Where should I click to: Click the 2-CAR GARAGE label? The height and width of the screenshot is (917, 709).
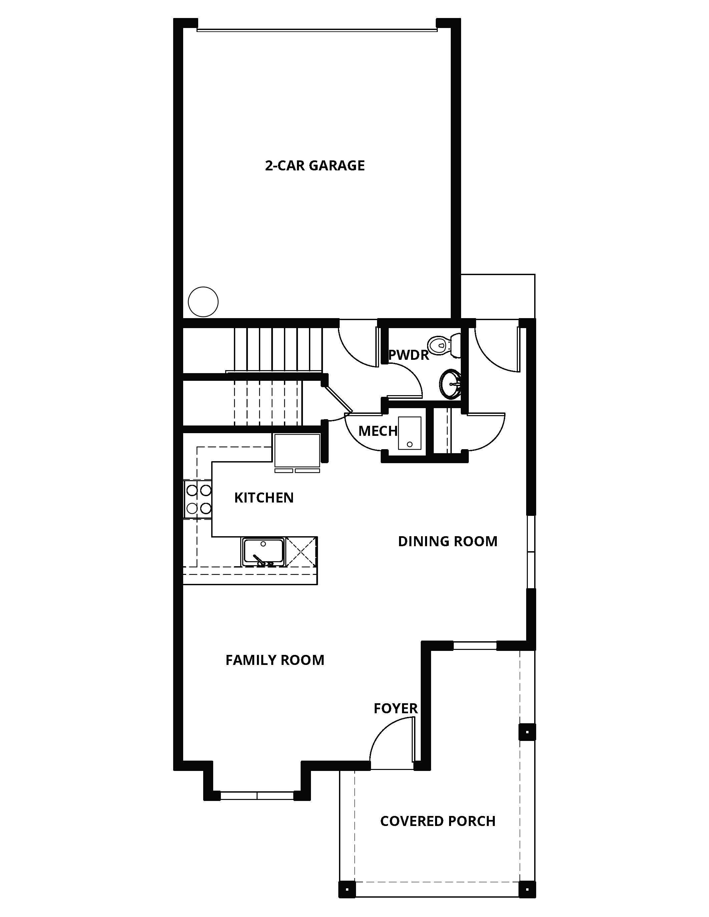click(315, 165)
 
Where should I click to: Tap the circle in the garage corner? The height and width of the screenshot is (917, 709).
click(203, 301)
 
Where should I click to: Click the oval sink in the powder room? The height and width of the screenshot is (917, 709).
click(450, 383)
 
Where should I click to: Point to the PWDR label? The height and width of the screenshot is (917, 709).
click(408, 355)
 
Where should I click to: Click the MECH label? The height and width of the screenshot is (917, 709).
click(378, 431)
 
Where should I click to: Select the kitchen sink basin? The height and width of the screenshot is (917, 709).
click(263, 551)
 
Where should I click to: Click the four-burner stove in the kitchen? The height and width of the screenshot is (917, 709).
click(198, 499)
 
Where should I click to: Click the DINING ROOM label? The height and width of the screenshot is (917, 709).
click(447, 541)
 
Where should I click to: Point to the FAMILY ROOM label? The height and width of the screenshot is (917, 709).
click(275, 660)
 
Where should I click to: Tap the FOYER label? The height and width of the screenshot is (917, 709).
click(396, 708)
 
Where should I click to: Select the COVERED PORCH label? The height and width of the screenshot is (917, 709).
click(438, 821)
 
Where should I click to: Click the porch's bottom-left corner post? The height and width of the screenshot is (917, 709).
click(347, 889)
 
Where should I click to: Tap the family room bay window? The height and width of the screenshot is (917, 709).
click(257, 795)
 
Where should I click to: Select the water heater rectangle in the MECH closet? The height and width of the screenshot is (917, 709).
click(409, 433)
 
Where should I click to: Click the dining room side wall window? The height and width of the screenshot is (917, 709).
click(531, 552)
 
